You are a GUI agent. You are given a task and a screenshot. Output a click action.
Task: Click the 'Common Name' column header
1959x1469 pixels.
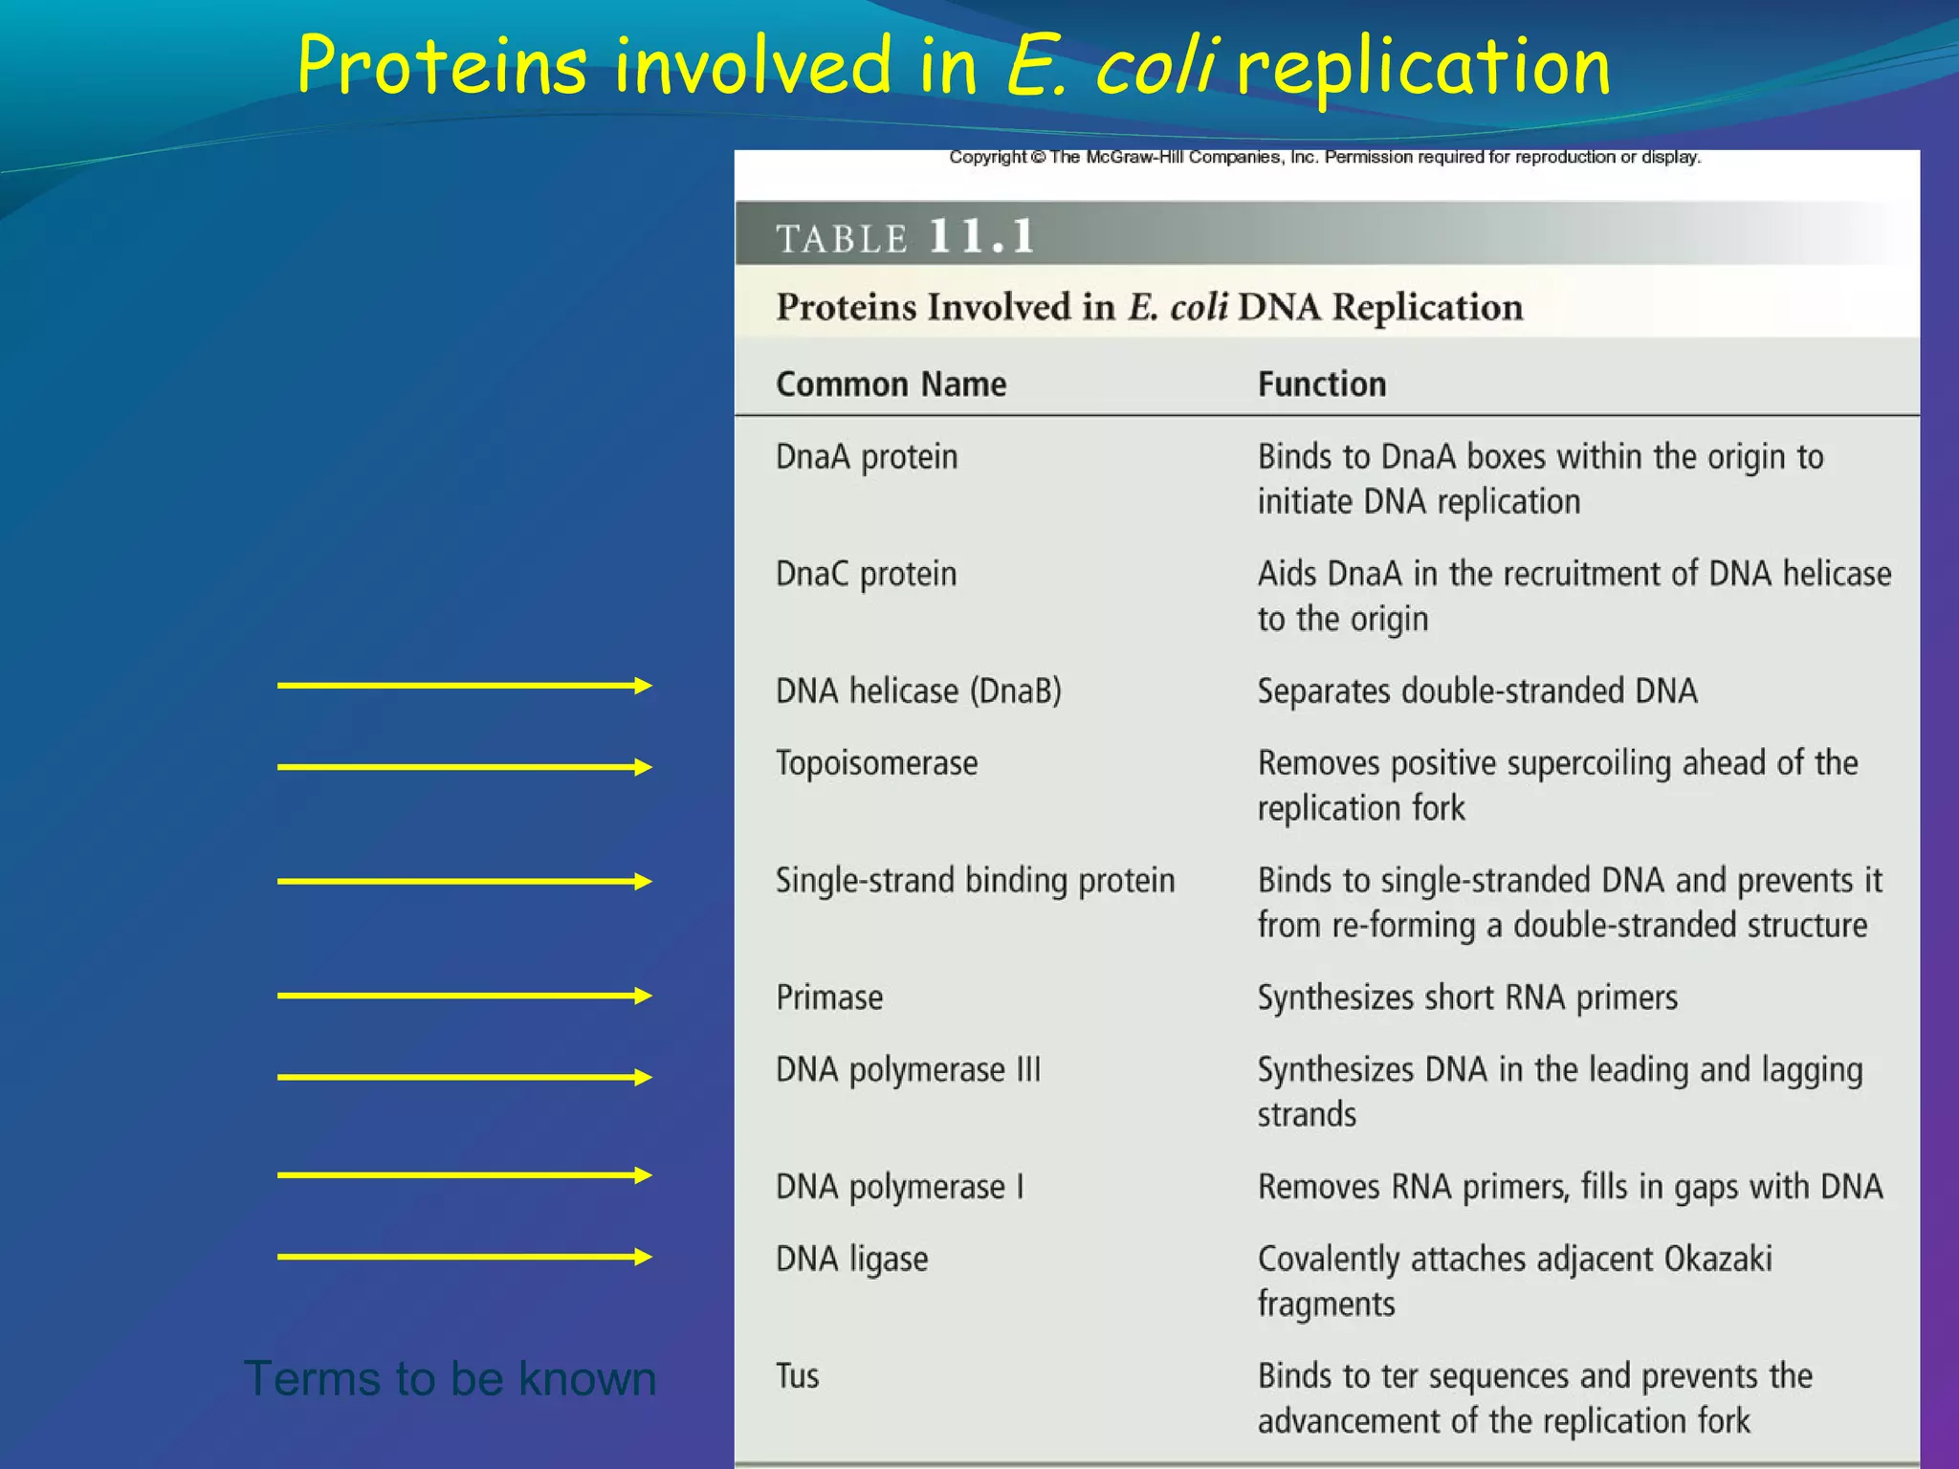(891, 384)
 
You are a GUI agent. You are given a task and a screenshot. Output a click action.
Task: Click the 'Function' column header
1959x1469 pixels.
(1321, 384)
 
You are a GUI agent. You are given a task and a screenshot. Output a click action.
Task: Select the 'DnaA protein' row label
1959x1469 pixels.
(866, 457)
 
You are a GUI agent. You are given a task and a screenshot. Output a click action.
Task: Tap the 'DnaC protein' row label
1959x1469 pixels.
(866, 574)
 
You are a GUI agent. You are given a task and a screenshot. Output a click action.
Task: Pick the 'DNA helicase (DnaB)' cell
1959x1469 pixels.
(918, 691)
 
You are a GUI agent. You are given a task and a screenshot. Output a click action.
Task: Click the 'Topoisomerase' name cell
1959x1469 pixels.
(876, 763)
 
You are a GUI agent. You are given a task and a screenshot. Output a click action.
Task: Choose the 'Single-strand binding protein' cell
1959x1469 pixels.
(975, 881)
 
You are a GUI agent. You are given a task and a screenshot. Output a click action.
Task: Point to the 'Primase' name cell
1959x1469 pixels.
(829, 998)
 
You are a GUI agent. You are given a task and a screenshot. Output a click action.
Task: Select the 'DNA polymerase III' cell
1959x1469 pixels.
(908, 1069)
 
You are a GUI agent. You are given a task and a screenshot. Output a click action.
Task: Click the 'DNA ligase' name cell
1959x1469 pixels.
(851, 1260)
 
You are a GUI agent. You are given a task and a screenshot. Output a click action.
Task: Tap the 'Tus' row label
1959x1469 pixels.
(797, 1376)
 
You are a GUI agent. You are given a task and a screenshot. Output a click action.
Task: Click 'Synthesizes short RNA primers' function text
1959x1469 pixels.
(1467, 998)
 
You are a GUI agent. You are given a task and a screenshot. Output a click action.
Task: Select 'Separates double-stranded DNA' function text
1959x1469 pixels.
(1477, 691)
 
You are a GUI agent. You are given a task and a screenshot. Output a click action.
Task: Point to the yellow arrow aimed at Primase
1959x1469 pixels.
(464, 996)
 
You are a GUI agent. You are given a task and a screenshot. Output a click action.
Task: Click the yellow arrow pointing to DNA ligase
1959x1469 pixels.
(464, 1257)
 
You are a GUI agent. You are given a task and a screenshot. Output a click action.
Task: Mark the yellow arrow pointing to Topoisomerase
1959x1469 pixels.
(464, 767)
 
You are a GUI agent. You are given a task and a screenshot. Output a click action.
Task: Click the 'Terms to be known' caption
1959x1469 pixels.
(450, 1378)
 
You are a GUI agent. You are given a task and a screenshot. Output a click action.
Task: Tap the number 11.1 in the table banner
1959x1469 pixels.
(981, 235)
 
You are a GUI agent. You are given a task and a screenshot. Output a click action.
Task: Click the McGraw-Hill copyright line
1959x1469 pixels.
(1325, 157)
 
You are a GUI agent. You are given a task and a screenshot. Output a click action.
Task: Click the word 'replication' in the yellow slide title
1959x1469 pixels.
(1423, 67)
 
